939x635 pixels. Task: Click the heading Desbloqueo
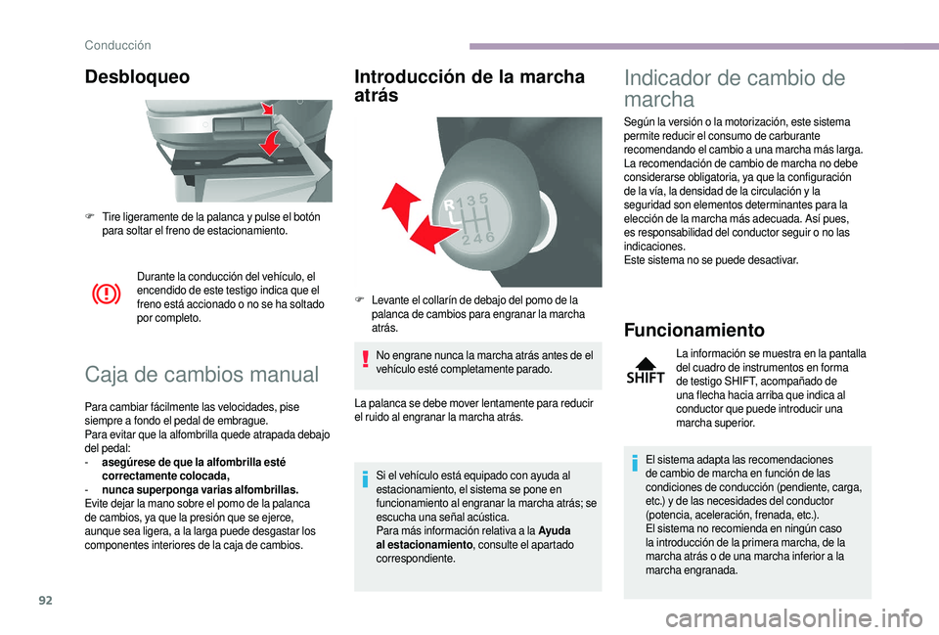[137, 77]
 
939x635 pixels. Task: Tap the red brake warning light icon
[106, 295]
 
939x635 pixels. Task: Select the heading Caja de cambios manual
[201, 375]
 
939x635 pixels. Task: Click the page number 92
[45, 600]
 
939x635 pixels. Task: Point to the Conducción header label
[118, 45]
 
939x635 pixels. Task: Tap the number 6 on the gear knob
[490, 237]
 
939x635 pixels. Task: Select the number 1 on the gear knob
[460, 202]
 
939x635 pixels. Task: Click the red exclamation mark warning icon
[365, 359]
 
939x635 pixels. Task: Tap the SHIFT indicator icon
[645, 370]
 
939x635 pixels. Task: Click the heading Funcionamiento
[694, 330]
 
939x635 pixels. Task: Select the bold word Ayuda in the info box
[554, 530]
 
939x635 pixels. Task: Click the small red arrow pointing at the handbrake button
[267, 109]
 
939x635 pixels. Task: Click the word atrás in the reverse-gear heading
[376, 96]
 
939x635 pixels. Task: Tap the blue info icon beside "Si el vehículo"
[365, 479]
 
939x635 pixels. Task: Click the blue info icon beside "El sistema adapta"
[635, 463]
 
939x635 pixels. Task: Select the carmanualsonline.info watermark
[793, 618]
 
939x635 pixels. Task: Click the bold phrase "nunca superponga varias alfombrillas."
[200, 490]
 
